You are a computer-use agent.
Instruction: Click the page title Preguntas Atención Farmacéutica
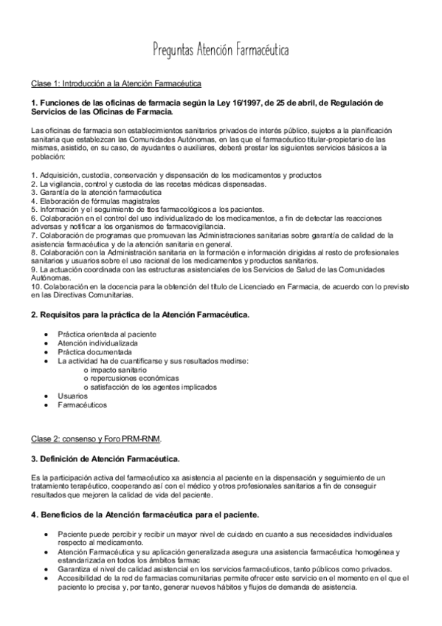click(x=221, y=50)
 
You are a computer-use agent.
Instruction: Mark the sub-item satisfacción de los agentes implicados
click(x=151, y=387)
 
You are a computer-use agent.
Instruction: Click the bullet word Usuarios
click(x=72, y=396)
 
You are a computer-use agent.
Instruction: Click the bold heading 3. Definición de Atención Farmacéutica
click(x=105, y=458)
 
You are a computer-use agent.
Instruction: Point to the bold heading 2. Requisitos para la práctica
click(x=140, y=315)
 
